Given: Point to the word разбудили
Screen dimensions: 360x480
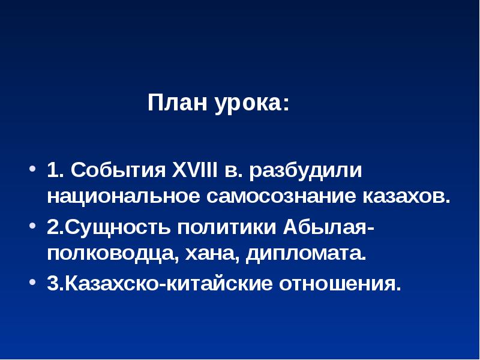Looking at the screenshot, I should (x=310, y=170).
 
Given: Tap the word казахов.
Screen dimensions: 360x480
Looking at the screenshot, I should (x=406, y=196).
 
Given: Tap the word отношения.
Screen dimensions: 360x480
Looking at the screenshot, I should (x=338, y=282).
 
